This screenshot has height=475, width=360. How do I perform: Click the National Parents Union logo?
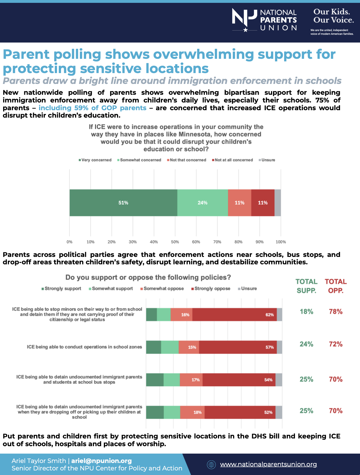(264, 20)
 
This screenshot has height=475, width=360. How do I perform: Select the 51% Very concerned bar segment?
(123, 203)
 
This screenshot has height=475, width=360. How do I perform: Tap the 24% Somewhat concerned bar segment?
(203, 203)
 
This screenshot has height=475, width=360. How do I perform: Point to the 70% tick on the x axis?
(217, 242)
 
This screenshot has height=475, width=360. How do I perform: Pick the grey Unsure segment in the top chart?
(278, 203)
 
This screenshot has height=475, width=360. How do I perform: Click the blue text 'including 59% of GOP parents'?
(92, 108)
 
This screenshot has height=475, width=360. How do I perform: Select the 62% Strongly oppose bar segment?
(234, 315)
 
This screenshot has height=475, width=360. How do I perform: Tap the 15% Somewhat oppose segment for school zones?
(189, 347)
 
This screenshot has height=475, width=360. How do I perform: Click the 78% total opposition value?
(335, 311)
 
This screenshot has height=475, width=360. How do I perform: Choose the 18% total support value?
(306, 311)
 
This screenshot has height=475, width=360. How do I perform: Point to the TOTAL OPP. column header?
(335, 286)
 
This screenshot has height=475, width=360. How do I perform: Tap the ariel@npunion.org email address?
(101, 461)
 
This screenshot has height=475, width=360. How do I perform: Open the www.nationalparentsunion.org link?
(268, 464)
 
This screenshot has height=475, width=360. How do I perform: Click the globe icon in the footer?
(211, 465)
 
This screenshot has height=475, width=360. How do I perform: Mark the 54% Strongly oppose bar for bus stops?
(239, 380)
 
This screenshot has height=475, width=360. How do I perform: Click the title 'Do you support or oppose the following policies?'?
(148, 277)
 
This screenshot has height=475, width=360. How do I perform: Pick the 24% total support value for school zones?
(306, 344)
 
